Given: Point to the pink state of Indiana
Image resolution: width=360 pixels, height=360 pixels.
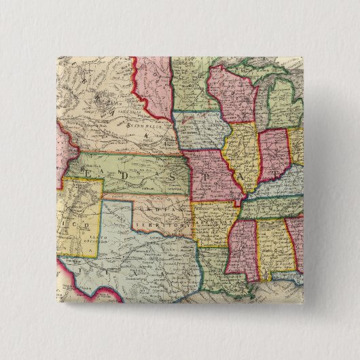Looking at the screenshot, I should tap(272, 153).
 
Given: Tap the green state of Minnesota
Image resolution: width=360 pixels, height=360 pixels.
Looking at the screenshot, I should tap(190, 82).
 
